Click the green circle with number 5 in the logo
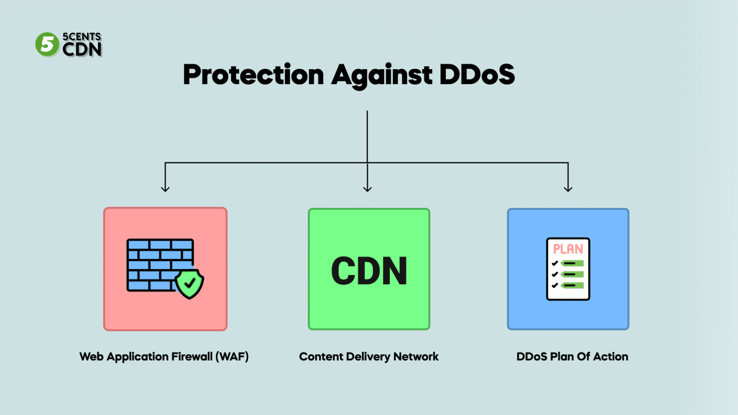(x=47, y=45)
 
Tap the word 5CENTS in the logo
(x=82, y=37)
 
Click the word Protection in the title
(x=253, y=75)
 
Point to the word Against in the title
(x=381, y=75)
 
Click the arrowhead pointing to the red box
(x=165, y=188)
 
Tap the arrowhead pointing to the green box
(x=368, y=188)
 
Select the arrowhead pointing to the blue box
(x=568, y=188)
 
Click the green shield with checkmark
(x=189, y=283)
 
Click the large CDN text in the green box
(x=369, y=271)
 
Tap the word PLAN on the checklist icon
(x=568, y=249)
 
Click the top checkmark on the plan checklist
(x=554, y=263)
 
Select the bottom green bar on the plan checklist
(x=572, y=285)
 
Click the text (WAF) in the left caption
(x=232, y=356)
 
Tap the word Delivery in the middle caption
(x=368, y=356)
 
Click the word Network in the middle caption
(x=416, y=356)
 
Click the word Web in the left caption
(x=91, y=356)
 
